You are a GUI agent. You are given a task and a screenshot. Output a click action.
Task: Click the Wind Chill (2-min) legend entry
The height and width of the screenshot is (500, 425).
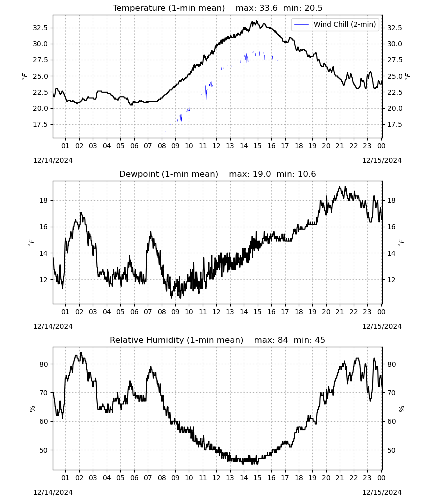click(x=335, y=24)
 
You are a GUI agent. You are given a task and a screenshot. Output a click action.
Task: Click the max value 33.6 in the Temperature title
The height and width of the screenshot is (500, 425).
click(x=268, y=8)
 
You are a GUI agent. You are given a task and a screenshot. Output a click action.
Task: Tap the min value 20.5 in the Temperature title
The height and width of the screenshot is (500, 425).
click(x=313, y=8)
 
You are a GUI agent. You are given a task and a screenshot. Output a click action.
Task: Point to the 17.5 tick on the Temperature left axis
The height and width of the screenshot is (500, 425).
click(x=40, y=124)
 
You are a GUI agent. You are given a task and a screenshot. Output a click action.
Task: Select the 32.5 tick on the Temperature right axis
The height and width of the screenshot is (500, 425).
click(x=394, y=28)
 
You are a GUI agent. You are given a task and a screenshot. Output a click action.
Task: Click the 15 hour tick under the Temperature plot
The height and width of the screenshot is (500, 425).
click(x=257, y=146)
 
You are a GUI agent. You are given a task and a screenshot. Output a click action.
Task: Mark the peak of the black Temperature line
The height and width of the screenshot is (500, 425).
click(x=257, y=21)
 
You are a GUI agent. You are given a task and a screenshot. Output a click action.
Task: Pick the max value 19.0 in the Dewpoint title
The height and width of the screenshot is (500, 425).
click(x=262, y=174)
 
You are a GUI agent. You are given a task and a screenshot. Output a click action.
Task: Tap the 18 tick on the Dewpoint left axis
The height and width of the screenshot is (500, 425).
click(x=44, y=200)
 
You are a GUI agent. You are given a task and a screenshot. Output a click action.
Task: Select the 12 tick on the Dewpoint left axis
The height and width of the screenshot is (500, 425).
click(x=44, y=280)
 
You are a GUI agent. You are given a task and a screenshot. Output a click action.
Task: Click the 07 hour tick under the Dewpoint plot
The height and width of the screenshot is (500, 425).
click(x=148, y=312)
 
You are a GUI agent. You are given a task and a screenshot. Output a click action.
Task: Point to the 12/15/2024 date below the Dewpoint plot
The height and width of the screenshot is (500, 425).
click(x=382, y=326)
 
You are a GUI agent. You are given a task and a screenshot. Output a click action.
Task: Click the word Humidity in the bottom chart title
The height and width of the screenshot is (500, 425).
click(x=167, y=340)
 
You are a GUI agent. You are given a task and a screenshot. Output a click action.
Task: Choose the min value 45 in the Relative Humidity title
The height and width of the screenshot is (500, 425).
click(x=320, y=340)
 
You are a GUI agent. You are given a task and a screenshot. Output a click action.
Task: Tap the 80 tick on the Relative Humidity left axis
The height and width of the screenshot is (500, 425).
click(x=44, y=364)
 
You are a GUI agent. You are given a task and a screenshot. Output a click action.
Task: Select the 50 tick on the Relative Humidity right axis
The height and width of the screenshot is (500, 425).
click(x=391, y=450)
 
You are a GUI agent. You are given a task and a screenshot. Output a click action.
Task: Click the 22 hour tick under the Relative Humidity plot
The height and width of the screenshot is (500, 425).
click(x=353, y=478)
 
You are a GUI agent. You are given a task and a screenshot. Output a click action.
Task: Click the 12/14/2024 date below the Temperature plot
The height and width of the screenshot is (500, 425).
click(x=53, y=160)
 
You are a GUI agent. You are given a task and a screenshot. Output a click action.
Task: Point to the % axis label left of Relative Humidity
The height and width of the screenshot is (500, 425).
click(x=32, y=409)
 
